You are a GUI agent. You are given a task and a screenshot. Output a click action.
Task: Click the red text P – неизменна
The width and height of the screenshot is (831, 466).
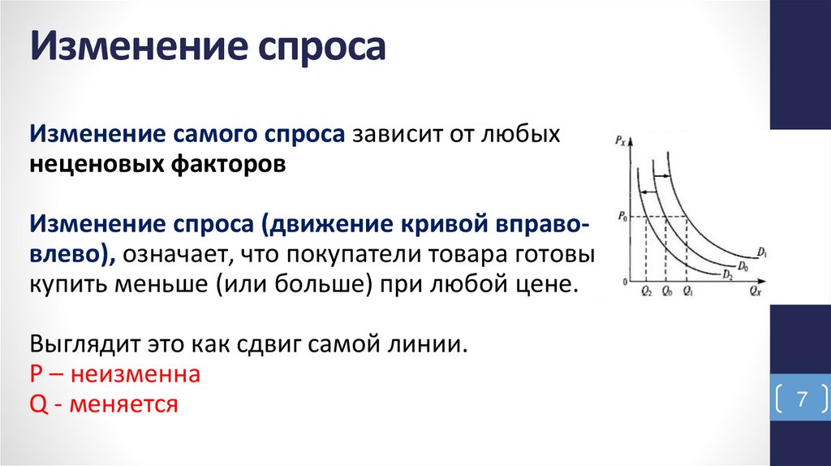pos(114,376)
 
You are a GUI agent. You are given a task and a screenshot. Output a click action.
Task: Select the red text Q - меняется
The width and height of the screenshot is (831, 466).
pos(103,403)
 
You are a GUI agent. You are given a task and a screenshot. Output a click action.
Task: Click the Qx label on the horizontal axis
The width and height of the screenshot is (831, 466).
pos(756,289)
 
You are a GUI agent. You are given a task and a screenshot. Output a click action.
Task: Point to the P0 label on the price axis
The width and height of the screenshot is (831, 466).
pos(622,216)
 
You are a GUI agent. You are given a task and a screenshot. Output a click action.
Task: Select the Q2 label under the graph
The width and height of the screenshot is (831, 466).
pos(646,290)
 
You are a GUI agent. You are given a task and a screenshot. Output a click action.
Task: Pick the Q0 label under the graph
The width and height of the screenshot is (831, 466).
pos(666,290)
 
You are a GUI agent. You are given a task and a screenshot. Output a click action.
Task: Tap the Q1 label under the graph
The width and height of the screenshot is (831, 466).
pos(687,290)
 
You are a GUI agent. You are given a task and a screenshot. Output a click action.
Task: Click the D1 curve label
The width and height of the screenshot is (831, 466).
pos(764,253)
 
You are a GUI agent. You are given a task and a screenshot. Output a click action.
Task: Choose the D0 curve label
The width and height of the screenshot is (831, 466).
pos(744,265)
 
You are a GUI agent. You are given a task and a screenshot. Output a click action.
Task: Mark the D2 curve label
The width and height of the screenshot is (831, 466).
pos(728,274)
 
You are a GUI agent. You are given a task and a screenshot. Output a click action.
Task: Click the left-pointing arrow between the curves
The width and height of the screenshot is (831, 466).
pos(647,192)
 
